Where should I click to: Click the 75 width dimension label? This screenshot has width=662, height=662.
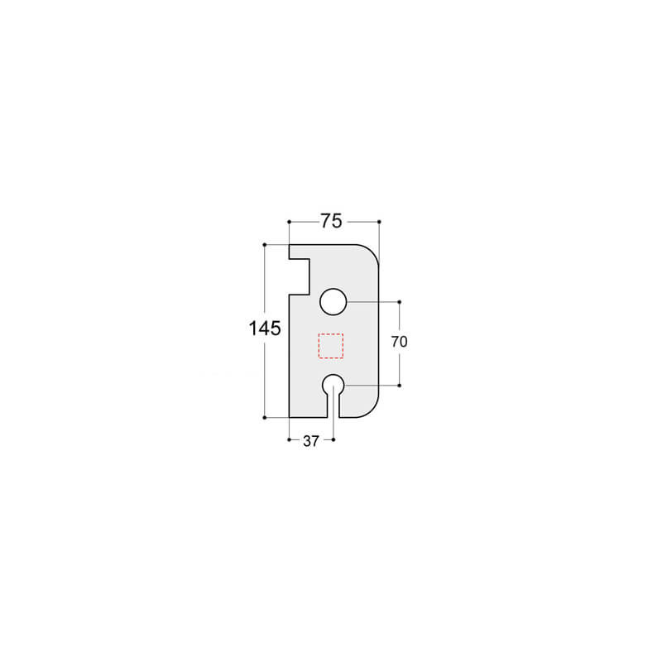tap(332, 221)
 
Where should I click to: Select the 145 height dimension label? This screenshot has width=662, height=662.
tap(265, 329)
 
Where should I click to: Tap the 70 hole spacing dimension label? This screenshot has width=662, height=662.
tap(400, 341)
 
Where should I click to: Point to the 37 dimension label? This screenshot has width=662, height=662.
tap(310, 441)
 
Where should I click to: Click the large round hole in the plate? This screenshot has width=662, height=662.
tap(333, 302)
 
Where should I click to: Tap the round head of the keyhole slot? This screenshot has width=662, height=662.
tap(333, 384)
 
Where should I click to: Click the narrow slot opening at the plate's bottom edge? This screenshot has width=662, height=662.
tap(333, 409)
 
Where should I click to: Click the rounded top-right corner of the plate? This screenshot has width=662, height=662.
tap(369, 254)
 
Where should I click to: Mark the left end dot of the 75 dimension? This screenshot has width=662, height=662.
tap(288, 221)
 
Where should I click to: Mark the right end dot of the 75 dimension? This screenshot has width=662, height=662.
tap(378, 221)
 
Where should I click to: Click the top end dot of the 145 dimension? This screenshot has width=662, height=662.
tap(264, 245)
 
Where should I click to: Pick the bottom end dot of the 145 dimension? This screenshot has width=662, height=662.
tap(264, 418)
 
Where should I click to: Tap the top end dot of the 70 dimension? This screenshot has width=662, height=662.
tap(400, 302)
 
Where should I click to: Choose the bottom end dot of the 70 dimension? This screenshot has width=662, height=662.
tap(400, 385)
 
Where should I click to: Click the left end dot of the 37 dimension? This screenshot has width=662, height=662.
tap(288, 439)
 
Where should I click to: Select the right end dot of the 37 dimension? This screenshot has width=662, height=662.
tap(333, 439)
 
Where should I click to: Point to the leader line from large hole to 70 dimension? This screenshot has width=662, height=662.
tap(372, 302)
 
